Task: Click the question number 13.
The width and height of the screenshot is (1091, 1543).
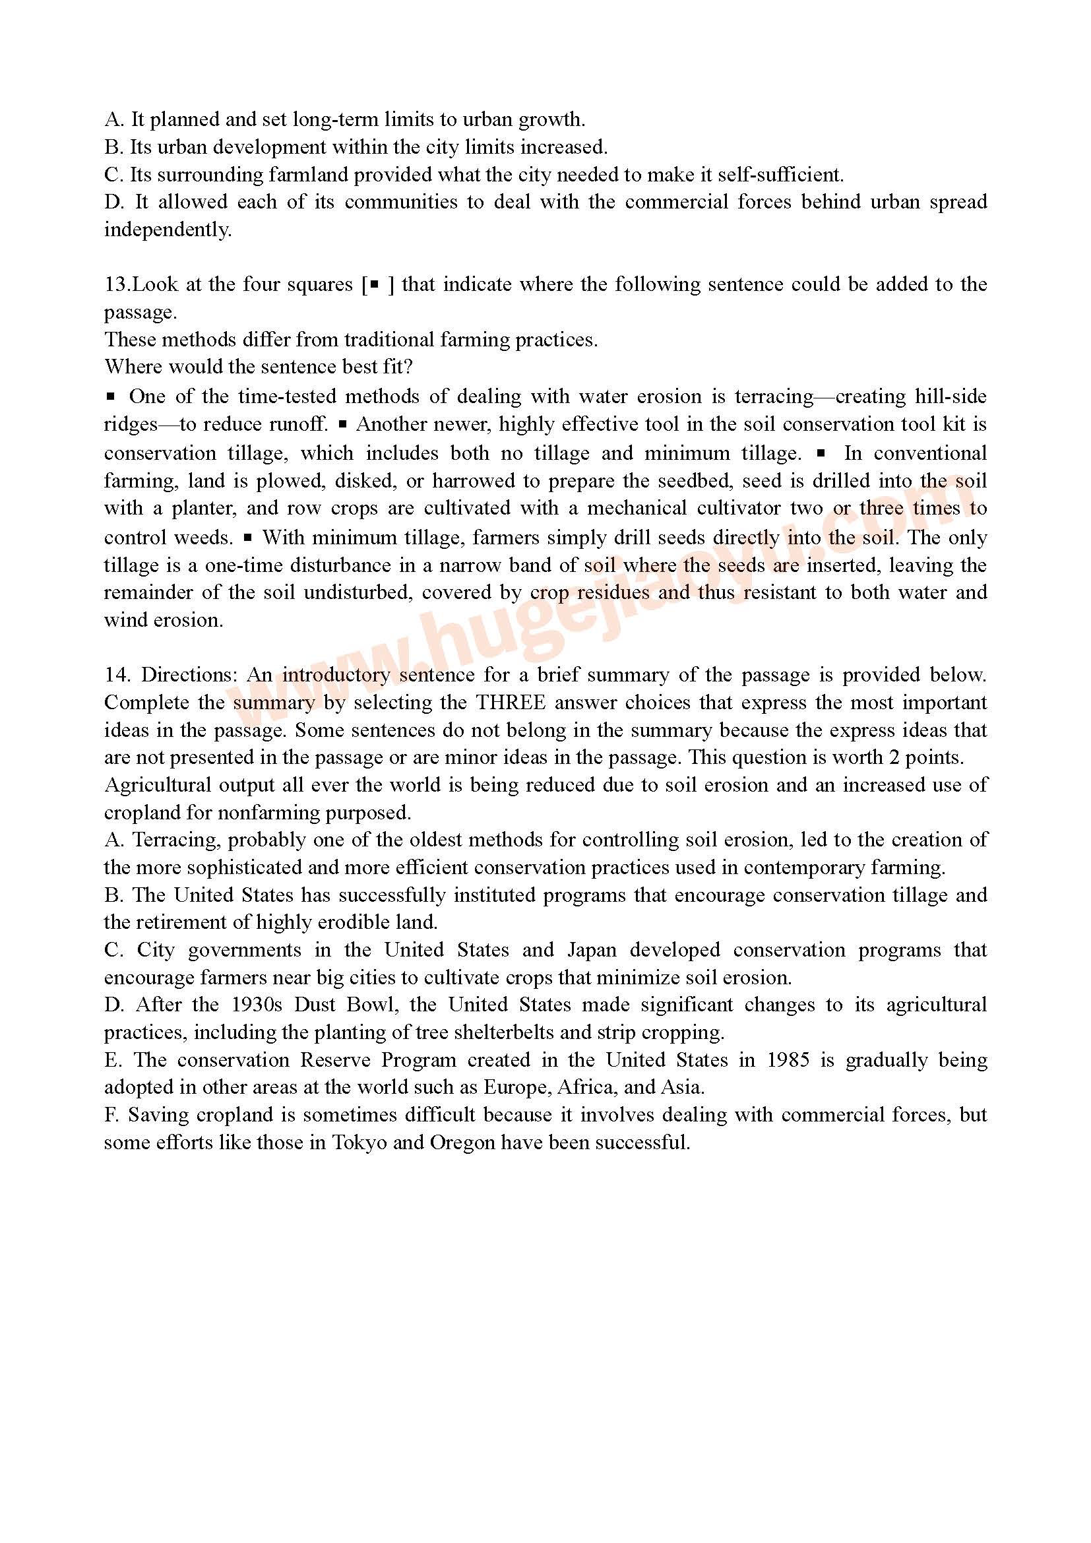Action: (115, 284)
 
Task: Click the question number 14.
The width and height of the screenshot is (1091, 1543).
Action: (115, 675)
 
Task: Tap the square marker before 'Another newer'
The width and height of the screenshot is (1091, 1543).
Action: (342, 424)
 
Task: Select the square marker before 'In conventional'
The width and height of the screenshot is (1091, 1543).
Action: (821, 453)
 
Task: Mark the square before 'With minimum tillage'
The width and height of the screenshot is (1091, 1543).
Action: (248, 538)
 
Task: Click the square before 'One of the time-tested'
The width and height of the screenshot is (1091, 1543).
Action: (111, 396)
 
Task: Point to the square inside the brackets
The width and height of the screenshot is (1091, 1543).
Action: (374, 284)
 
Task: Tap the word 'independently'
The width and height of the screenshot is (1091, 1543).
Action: (168, 230)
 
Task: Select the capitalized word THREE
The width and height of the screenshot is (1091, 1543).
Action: (511, 703)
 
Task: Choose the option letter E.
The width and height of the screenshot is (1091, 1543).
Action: (112, 1060)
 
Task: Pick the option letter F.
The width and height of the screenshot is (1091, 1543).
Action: (111, 1115)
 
